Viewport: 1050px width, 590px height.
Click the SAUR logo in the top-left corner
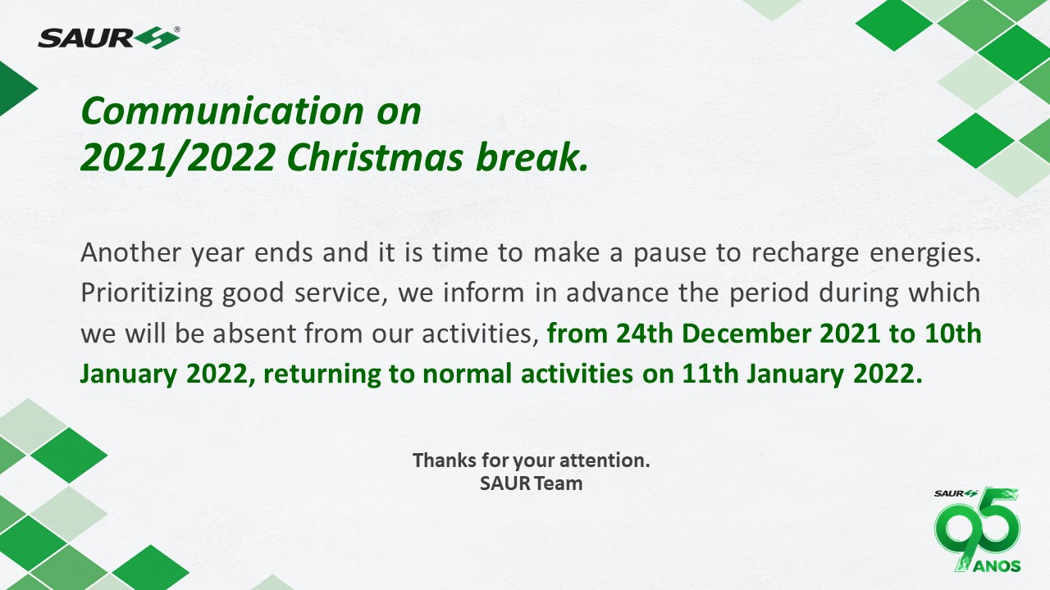click(109, 38)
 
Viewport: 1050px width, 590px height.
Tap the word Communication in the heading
click(222, 111)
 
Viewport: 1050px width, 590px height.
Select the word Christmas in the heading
click(376, 157)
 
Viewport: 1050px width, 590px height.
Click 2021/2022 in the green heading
click(178, 157)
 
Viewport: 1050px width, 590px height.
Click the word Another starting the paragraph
click(130, 252)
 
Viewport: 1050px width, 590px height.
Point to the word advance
click(618, 293)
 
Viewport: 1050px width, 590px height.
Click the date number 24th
click(645, 334)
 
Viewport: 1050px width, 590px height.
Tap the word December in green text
click(746, 334)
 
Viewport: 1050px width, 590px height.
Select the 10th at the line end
click(953, 334)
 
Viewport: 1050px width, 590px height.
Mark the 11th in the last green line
click(710, 374)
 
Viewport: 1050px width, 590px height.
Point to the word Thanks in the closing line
click(445, 461)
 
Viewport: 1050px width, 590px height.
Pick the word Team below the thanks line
click(559, 483)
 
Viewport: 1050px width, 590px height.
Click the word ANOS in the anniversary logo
click(997, 566)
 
